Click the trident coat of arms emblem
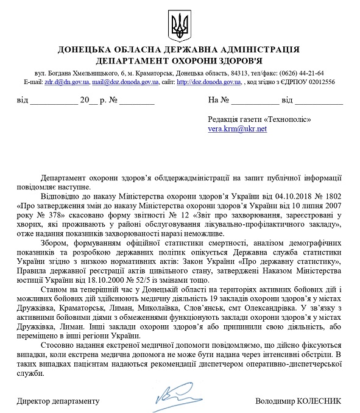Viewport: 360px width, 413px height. point(180,25)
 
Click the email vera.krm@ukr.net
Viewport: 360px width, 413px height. point(237,129)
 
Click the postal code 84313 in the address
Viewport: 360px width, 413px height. point(234,72)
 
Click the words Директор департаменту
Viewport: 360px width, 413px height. point(57,401)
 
